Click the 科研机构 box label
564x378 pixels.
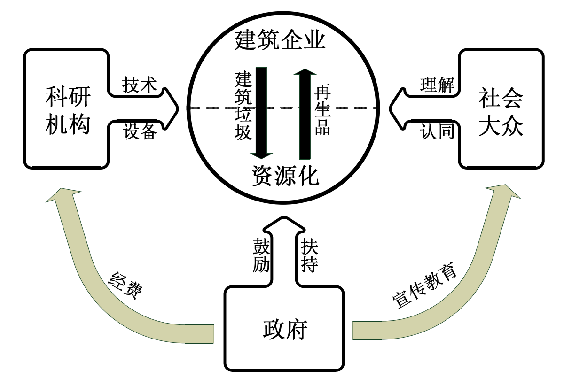(x=68, y=111)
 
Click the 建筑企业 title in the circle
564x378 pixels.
(x=281, y=40)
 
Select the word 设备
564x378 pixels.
(x=140, y=131)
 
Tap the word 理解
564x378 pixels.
(x=437, y=85)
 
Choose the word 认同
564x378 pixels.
(x=437, y=131)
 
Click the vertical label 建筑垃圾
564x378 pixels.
(x=243, y=106)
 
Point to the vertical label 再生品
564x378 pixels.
(x=322, y=109)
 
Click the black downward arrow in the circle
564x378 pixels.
(x=261, y=113)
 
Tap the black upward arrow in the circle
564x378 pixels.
(x=305, y=113)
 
